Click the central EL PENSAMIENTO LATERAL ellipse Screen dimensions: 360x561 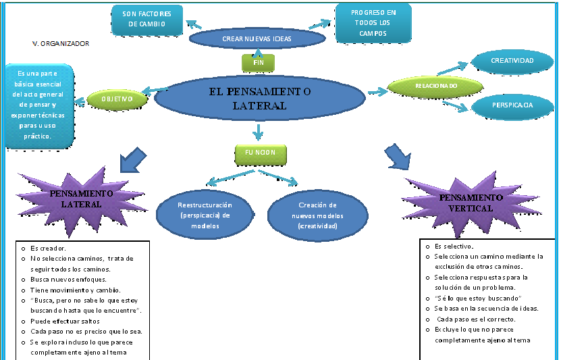259,99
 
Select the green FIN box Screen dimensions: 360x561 258,62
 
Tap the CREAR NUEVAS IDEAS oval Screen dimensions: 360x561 257,38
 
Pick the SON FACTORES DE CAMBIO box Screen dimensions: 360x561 147,19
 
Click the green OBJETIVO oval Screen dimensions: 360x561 117,99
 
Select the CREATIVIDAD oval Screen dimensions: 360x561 512,61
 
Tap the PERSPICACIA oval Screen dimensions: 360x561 512,105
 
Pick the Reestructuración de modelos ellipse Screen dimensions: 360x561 205,215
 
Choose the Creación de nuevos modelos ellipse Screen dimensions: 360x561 317,215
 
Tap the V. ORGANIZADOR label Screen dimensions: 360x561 61,43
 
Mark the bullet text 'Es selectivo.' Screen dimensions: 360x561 454,247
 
